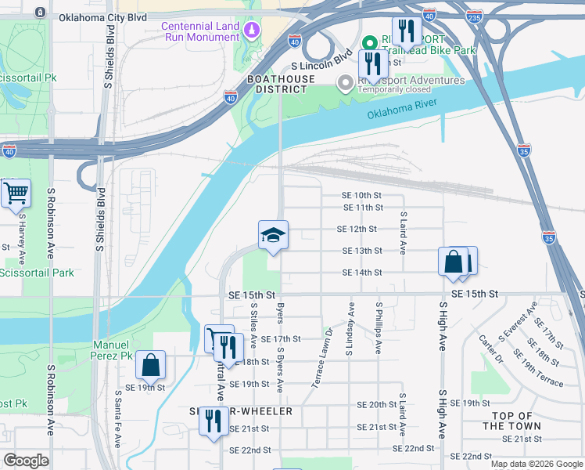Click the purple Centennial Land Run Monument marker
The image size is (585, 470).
tap(252, 31)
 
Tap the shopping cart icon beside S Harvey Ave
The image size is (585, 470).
tap(16, 192)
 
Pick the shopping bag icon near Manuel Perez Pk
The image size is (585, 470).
tap(150, 365)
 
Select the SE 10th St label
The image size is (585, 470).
tap(361, 196)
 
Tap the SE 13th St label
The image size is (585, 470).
tap(361, 251)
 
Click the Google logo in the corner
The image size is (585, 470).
tap(27, 461)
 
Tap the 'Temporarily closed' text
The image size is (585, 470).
tap(395, 89)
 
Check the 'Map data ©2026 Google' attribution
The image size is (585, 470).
tap(536, 464)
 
